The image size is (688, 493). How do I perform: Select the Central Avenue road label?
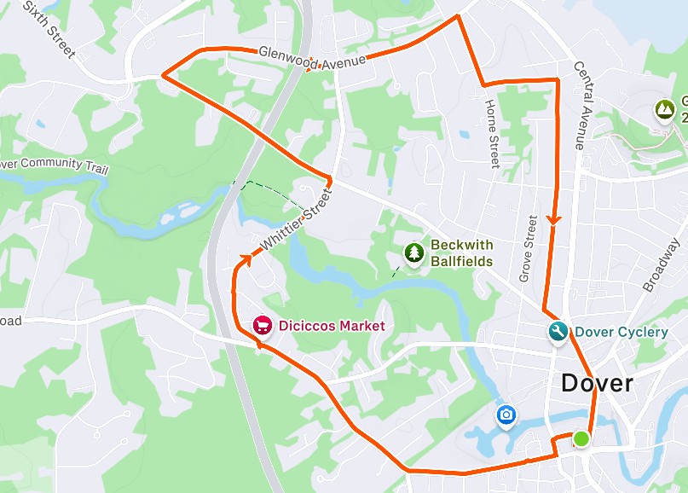[581, 104]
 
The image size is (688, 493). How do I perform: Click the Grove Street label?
[528, 248]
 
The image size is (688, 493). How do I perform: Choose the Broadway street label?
[660, 266]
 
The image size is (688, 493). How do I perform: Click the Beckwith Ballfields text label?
[461, 252]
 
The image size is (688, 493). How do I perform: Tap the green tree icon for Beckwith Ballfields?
[414, 253]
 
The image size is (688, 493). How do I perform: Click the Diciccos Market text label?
[332, 326]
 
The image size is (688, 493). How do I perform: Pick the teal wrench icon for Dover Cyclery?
[558, 332]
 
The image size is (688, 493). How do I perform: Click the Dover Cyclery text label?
[621, 332]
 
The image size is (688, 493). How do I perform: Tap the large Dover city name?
[597, 383]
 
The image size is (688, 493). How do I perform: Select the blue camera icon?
[506, 415]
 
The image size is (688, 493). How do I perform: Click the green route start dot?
[581, 438]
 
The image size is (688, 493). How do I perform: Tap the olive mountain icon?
[663, 109]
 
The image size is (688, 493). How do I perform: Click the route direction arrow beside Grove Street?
[554, 219]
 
